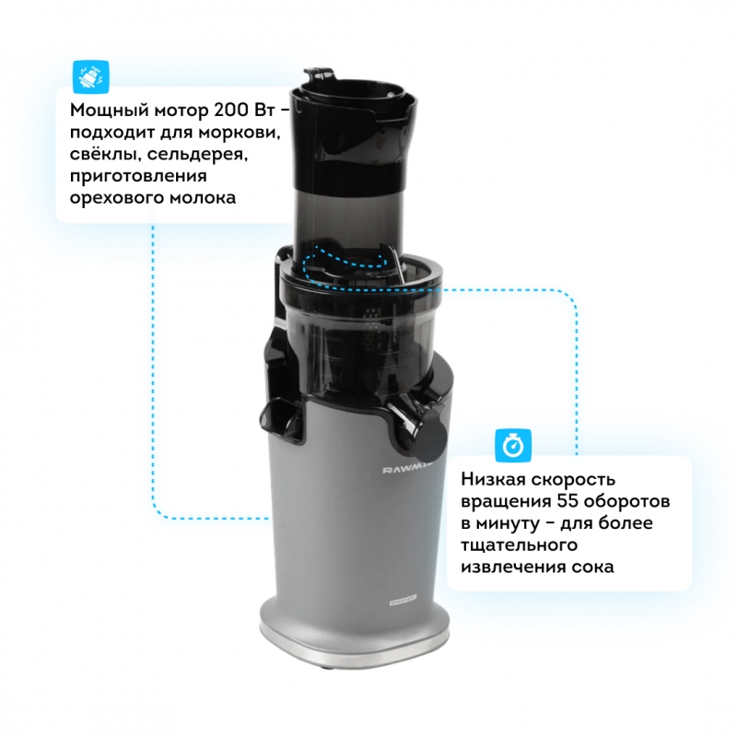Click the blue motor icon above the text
(x=90, y=77)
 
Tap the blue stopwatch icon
(x=513, y=445)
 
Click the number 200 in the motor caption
(x=231, y=110)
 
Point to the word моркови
(x=239, y=132)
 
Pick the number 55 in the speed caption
(x=567, y=501)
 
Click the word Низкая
(x=492, y=479)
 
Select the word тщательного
(x=519, y=545)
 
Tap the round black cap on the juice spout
(x=430, y=438)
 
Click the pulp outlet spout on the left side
(x=281, y=418)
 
